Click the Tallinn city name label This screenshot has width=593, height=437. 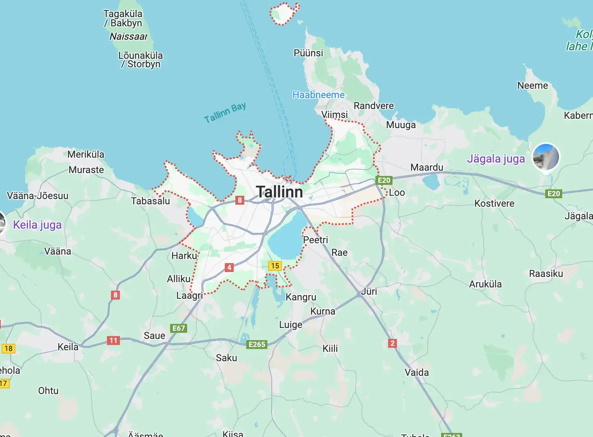pyautogui.click(x=279, y=192)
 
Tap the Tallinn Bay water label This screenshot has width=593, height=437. pyautogui.click(x=225, y=113)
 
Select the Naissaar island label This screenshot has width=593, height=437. pyautogui.click(x=128, y=36)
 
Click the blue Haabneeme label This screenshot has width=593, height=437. pyautogui.click(x=318, y=95)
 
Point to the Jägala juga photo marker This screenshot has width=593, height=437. pyautogui.click(x=546, y=156)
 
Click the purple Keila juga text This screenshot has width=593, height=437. pyautogui.click(x=37, y=225)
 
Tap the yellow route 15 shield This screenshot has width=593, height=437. pyautogui.click(x=275, y=266)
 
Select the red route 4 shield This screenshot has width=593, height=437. pyautogui.click(x=229, y=267)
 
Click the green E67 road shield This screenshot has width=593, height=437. pyautogui.click(x=179, y=328)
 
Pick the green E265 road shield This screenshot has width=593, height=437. pyautogui.click(x=257, y=345)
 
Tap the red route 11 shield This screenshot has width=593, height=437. pyautogui.click(x=113, y=341)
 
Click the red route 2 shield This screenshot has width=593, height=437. pyautogui.click(x=392, y=343)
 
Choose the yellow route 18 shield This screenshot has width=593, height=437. pyautogui.click(x=9, y=349)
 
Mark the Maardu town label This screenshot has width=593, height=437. pyautogui.click(x=427, y=167)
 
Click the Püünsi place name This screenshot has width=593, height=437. pyautogui.click(x=308, y=53)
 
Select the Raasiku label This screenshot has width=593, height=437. pyautogui.click(x=546, y=274)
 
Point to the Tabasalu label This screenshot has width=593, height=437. pyautogui.click(x=150, y=201)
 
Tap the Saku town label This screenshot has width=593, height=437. pyautogui.click(x=226, y=358)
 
